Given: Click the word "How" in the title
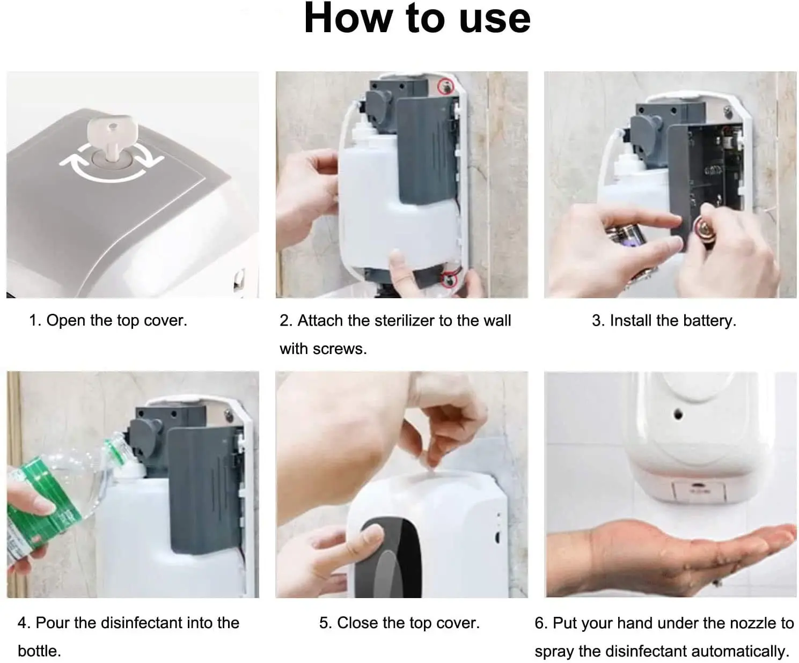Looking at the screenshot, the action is (x=348, y=18).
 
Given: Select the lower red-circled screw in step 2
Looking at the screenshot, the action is (x=450, y=279).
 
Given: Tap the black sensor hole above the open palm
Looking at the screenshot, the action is (x=678, y=414).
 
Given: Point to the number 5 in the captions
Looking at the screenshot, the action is (x=325, y=623).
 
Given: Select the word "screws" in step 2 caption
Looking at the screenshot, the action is (x=339, y=349).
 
